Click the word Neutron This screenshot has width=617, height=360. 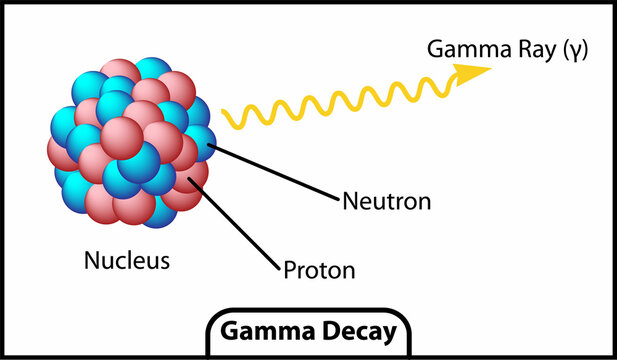tap(386, 202)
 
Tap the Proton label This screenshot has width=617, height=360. tap(319, 270)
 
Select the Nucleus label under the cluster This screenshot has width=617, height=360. tap(126, 262)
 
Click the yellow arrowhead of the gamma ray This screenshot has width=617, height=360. tap(474, 73)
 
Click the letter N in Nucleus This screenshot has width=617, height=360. tap(91, 262)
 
